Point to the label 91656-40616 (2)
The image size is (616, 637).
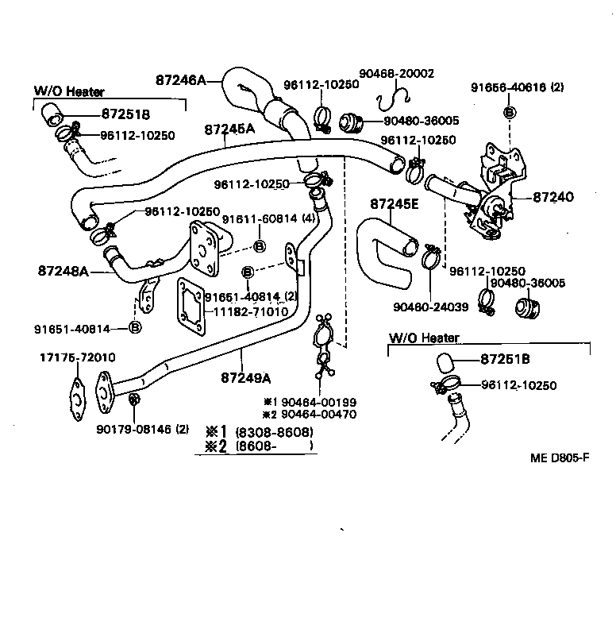517,87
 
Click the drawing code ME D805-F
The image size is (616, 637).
561,458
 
